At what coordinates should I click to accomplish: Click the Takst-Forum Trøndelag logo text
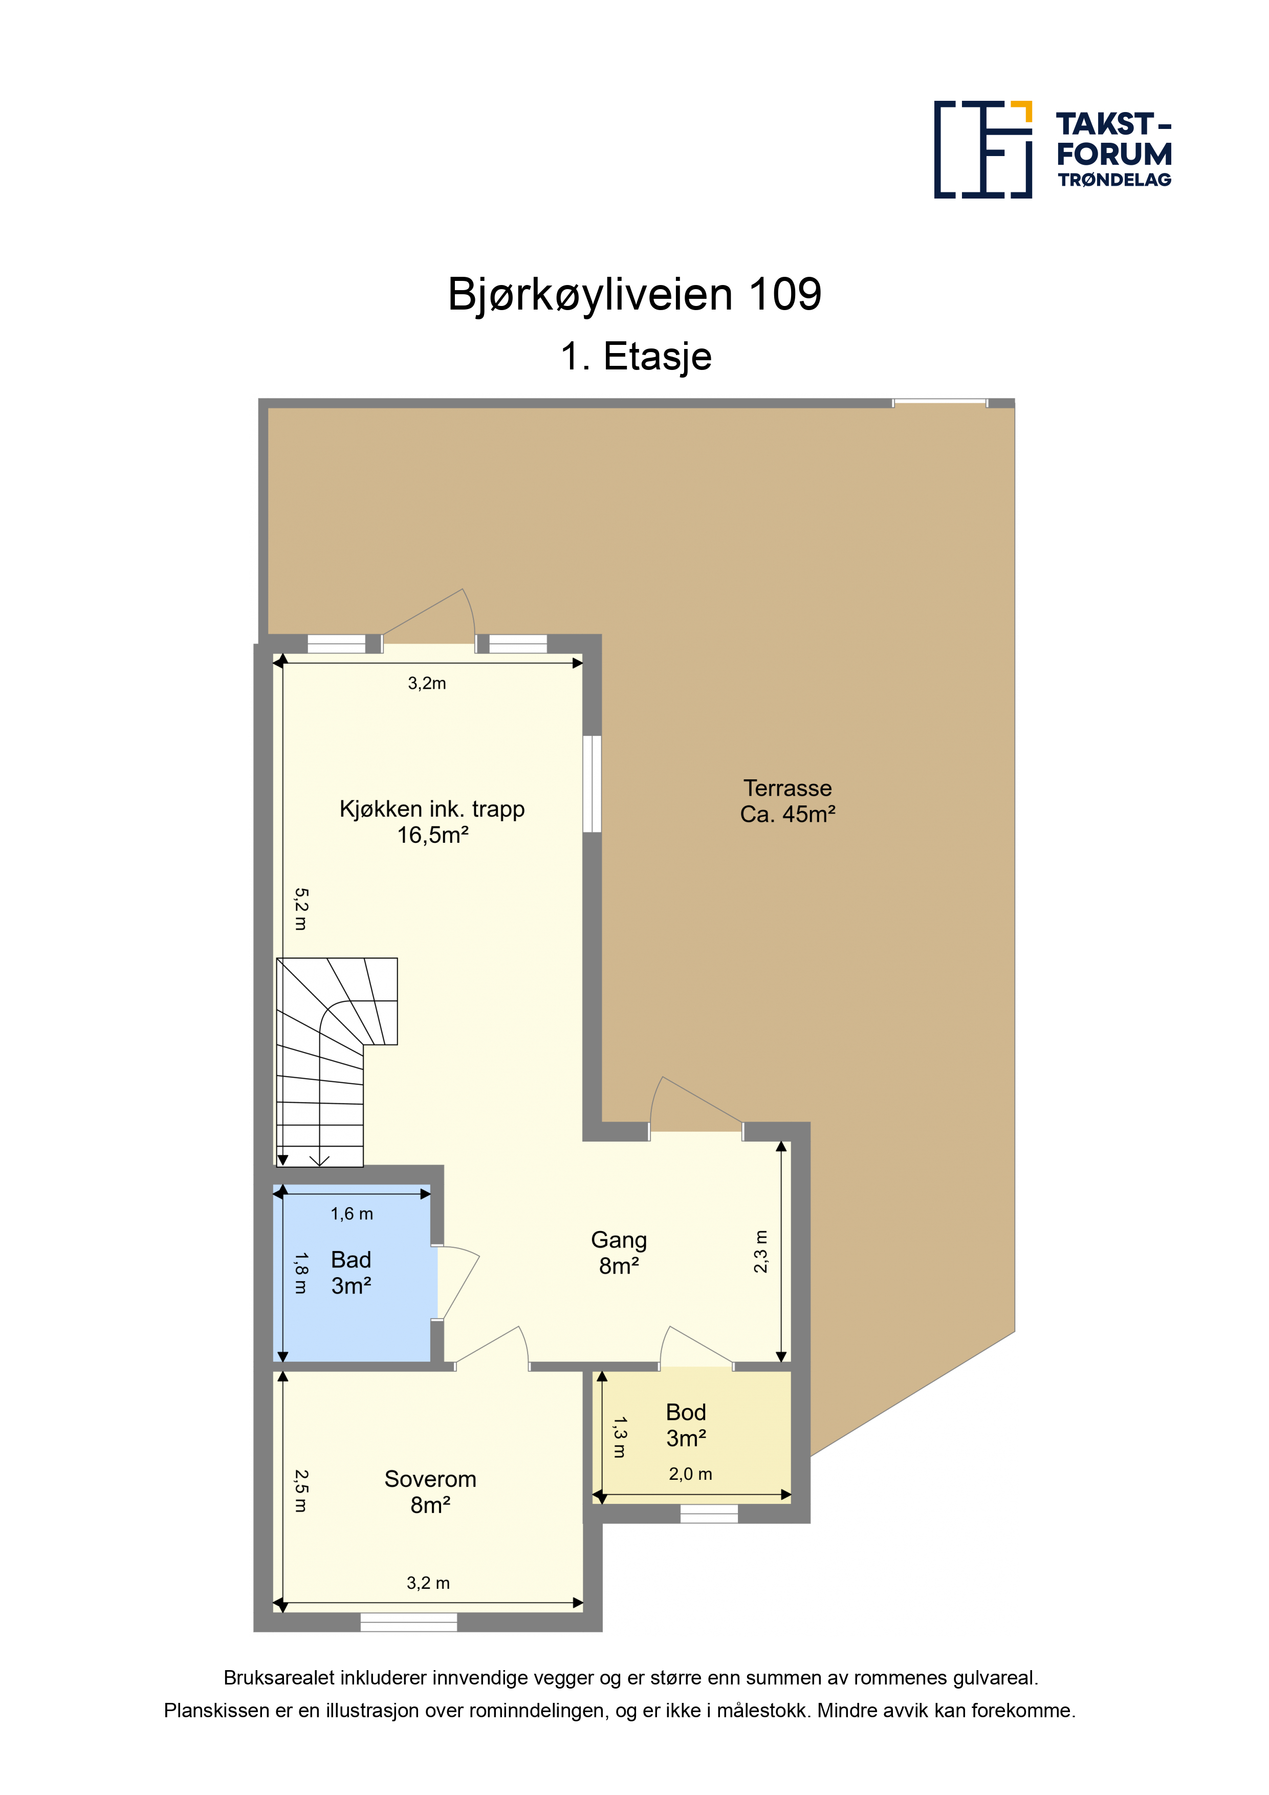coord(1113,149)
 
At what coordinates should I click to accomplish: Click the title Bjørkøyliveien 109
coord(634,295)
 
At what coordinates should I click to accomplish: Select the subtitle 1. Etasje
coord(636,357)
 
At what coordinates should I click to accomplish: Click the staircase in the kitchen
coord(336,1062)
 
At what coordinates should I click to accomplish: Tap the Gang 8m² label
coord(619,1253)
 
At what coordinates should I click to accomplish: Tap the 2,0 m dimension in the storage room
coord(690,1474)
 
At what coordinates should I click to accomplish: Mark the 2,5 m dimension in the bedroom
coord(301,1491)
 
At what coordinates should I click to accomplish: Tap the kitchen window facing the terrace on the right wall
coord(593,783)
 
